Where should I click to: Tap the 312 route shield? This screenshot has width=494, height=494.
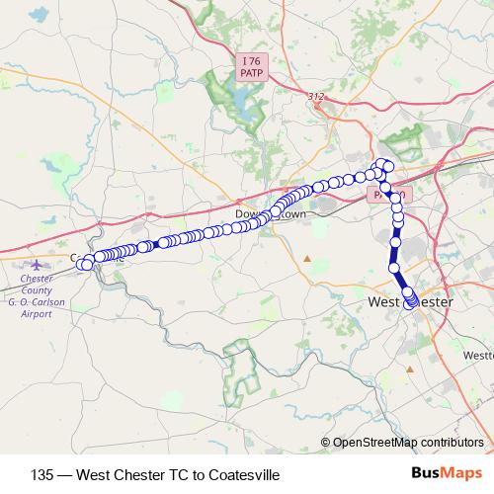pyautogui.click(x=315, y=96)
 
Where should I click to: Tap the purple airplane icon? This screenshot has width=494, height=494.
pyautogui.click(x=38, y=265)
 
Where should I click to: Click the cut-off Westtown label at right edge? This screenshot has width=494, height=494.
pyautogui.click(x=478, y=354)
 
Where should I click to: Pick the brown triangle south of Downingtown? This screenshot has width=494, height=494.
pyautogui.click(x=307, y=259)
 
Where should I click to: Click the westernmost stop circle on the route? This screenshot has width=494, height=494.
pyautogui.click(x=87, y=264)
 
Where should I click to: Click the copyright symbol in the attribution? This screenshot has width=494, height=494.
pyautogui.click(x=325, y=442)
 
